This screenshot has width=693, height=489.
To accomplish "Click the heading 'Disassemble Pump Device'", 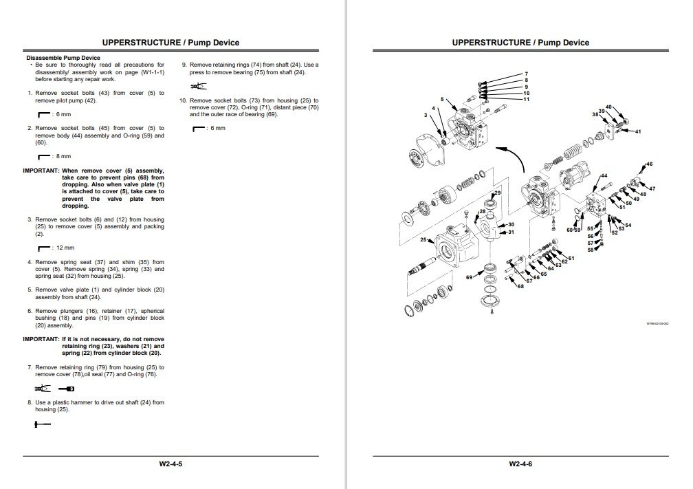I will (63, 58).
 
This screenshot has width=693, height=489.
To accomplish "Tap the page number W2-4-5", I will (171, 464).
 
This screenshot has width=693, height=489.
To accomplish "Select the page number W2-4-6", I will (520, 464).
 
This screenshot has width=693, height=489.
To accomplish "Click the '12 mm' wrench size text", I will (65, 248).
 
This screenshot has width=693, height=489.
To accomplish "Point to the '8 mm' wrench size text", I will (63, 156).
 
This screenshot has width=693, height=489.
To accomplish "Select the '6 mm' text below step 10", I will (217, 129).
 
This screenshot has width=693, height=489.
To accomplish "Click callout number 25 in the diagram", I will (424, 240).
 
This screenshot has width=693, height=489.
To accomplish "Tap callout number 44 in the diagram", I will (604, 176).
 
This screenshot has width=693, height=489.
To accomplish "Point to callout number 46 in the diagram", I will (649, 164).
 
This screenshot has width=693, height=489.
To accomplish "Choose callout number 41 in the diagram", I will (638, 131).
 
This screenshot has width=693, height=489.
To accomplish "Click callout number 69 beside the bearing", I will (469, 277).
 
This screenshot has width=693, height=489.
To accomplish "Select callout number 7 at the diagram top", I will (526, 74).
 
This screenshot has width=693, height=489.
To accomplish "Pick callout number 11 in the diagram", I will (526, 100).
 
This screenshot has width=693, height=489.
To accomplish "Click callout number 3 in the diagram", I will (426, 115).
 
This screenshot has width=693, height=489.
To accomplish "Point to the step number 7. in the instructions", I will (30, 367).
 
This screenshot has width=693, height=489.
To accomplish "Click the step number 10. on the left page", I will (183, 100).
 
